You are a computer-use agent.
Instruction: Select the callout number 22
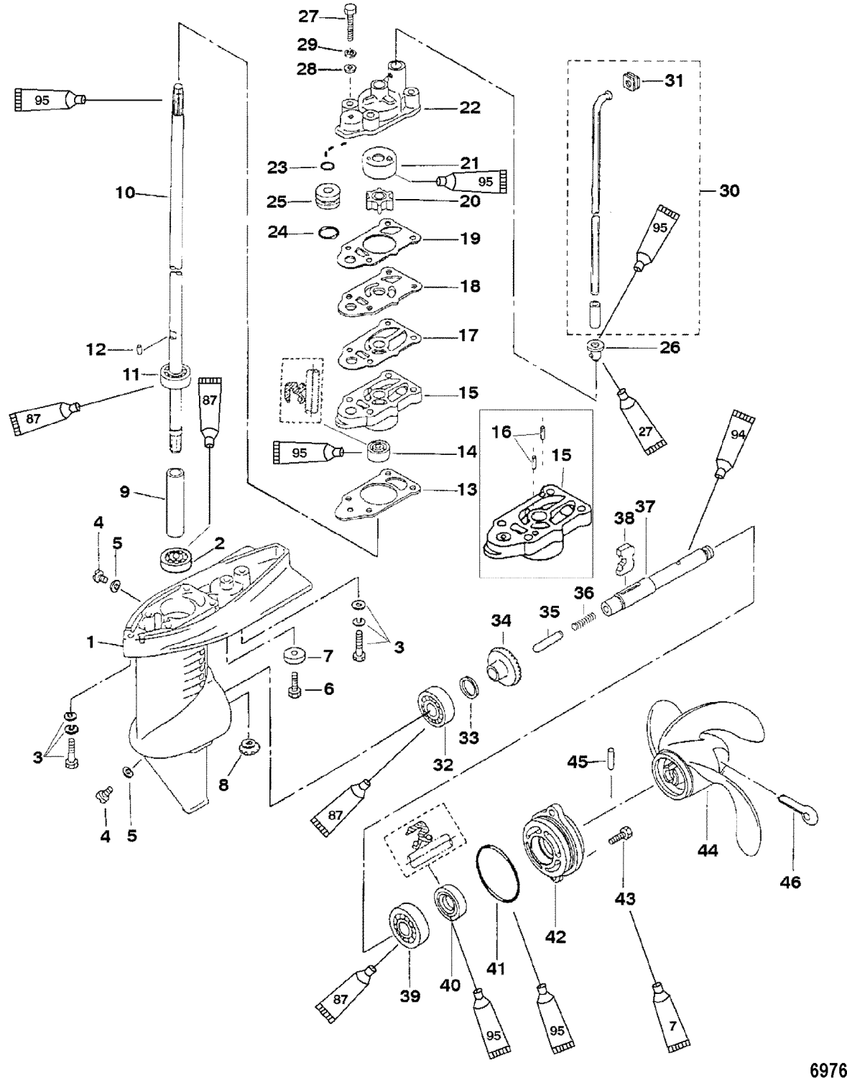(471, 109)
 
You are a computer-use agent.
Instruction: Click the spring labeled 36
(585, 619)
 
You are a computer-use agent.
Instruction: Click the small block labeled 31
(631, 82)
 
